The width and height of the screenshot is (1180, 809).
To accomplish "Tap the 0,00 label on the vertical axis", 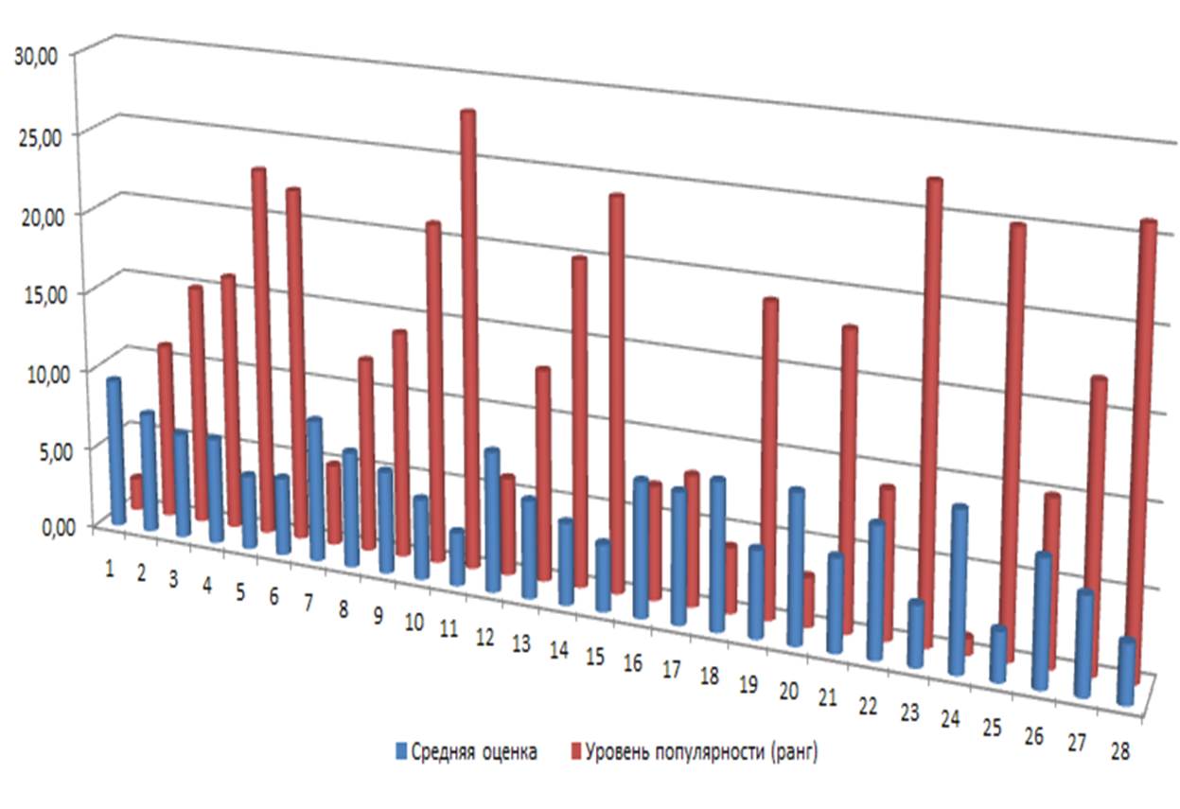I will [x=42, y=527].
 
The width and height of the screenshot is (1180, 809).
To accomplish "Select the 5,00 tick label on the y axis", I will [x=42, y=449].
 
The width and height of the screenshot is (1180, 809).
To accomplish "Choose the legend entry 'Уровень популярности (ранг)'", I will [x=700, y=753].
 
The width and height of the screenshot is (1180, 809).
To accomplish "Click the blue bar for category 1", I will [x=116, y=449].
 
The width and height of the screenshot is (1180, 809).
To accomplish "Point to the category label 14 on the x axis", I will [x=558, y=650].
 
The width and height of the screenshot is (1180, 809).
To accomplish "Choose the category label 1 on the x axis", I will [x=110, y=568].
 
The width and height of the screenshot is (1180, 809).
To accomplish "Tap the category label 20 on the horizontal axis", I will [x=789, y=693].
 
